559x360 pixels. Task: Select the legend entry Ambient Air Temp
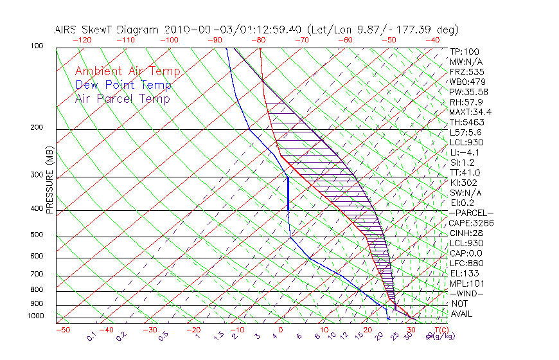127,71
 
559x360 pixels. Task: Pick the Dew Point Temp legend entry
123,85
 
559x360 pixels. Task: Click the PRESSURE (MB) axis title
49,180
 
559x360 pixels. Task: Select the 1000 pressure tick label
37,316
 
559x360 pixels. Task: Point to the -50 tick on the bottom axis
62,330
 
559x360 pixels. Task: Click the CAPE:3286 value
472,223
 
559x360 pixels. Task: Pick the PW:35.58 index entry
469,92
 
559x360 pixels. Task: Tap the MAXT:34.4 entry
470,112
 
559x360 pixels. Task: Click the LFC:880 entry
466,264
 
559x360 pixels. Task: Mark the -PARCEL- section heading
472,213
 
